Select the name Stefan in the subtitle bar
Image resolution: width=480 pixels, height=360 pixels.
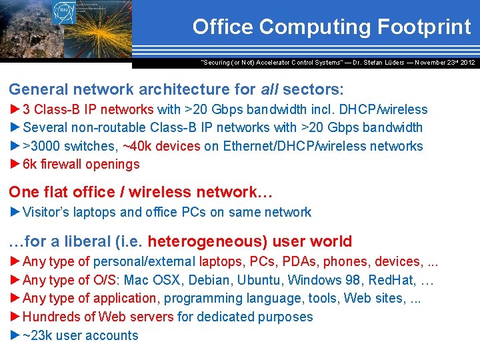(x=377, y=62)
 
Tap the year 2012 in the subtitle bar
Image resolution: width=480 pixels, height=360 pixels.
(x=467, y=62)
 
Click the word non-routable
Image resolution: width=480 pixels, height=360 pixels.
(x=110, y=127)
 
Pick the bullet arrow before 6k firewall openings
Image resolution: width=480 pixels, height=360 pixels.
(x=15, y=164)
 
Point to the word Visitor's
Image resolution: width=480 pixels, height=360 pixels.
(x=47, y=213)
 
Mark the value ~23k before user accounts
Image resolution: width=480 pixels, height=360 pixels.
(x=37, y=335)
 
